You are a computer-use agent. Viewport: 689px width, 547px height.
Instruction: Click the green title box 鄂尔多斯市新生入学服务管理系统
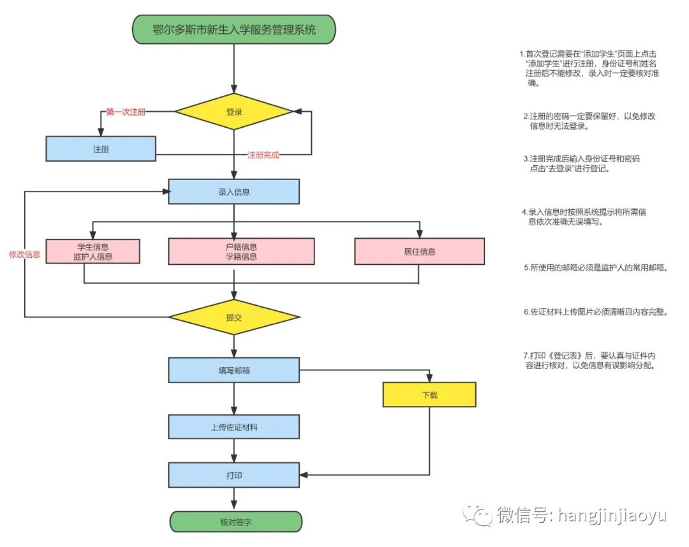pos(233,29)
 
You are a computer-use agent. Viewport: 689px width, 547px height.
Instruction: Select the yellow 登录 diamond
pos(233,112)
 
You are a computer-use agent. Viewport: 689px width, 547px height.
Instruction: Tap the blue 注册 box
pos(101,149)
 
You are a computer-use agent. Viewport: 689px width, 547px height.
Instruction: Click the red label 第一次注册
pos(126,112)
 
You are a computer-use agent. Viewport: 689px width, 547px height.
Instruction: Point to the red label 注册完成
pos(263,154)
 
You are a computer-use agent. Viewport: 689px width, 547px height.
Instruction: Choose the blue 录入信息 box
pos(233,191)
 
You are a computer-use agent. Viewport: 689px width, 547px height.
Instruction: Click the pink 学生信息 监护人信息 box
pos(93,251)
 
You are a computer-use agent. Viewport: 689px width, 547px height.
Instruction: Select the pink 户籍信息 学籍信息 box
pos(241,251)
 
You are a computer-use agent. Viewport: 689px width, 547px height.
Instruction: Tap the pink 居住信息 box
pos(420,251)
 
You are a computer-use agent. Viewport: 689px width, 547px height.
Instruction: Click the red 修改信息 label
pos(25,254)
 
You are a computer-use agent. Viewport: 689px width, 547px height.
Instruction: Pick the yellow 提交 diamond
pos(233,317)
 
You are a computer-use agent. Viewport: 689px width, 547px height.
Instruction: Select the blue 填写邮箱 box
pos(233,370)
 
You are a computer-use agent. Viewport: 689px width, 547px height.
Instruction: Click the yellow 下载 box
pos(429,394)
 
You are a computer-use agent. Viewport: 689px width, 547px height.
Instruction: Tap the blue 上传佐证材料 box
pos(233,427)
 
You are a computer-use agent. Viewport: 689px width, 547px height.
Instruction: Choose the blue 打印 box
pos(233,476)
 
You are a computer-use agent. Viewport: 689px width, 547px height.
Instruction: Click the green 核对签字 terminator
pos(236,522)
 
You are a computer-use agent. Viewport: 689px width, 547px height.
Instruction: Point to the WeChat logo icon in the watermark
pos(477,515)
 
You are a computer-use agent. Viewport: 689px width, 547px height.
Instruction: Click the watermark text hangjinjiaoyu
pos(612,515)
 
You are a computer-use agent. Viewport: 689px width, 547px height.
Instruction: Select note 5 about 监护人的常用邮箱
pos(596,267)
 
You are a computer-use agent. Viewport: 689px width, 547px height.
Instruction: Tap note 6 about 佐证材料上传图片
pos(596,311)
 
